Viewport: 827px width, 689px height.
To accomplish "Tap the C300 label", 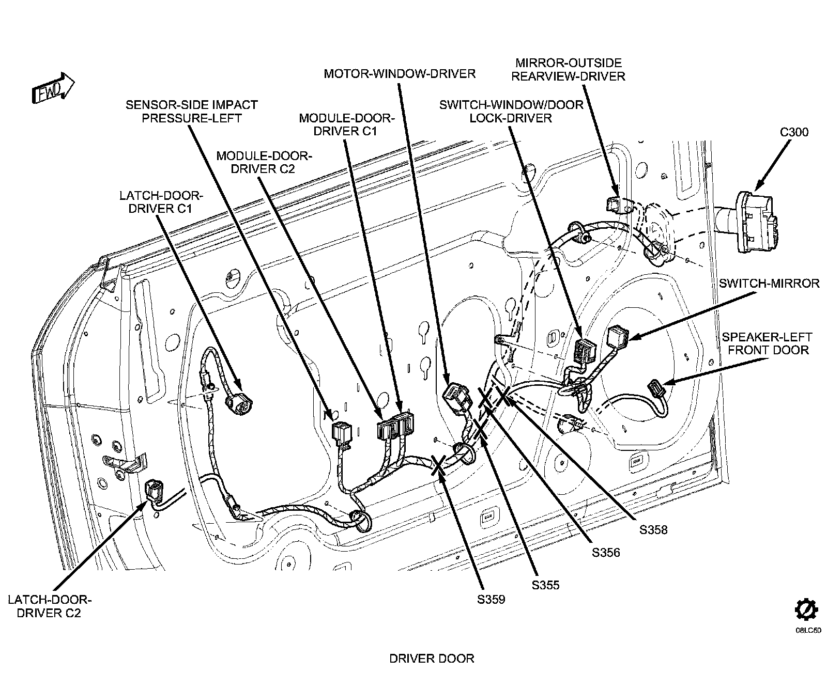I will pyautogui.click(x=794, y=132).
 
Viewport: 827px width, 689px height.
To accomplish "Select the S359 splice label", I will pyautogui.click(x=491, y=600).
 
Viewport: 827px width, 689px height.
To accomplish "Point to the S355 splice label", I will pyautogui.click(x=545, y=585).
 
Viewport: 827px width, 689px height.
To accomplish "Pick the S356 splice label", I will pyautogui.click(x=606, y=552).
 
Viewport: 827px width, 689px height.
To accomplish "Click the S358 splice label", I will pyautogui.click(x=653, y=529).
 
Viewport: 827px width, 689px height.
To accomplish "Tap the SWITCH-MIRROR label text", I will pyautogui.click(x=769, y=283).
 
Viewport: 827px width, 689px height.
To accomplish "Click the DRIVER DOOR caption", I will pyautogui.click(x=431, y=659).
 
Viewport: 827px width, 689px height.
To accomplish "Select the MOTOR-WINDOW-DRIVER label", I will pyautogui.click(x=400, y=74).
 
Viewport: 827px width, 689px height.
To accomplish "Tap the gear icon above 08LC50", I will pyautogui.click(x=806, y=610).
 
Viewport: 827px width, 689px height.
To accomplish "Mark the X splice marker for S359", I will pyautogui.click(x=439, y=465).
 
